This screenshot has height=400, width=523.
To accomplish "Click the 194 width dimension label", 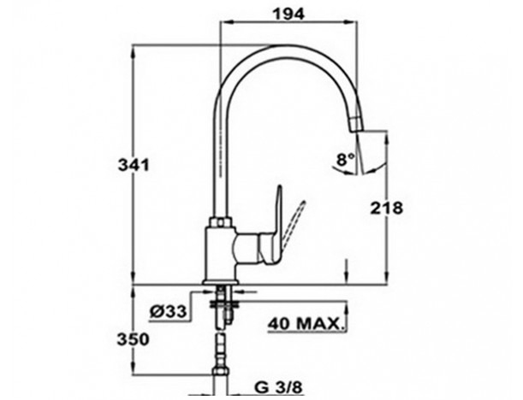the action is tap(288, 15).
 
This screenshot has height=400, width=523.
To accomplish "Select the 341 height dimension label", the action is tap(134, 165).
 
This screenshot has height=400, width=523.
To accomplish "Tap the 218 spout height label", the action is tap(387, 209).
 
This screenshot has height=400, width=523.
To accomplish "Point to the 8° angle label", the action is tap(345, 160).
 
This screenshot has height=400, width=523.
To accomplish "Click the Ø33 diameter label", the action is tap(168, 311).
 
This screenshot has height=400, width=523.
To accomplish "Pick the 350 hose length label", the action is tap(133, 339).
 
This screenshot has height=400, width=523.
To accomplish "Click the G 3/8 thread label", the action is tap(278, 387).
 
